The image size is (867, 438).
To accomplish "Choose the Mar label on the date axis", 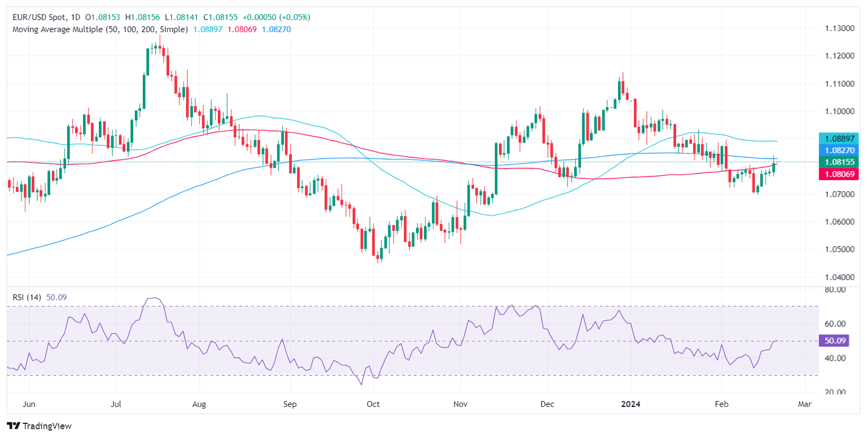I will (805, 404).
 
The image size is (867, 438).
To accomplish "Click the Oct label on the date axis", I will (373, 404).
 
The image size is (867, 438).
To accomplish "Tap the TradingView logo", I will (40, 426).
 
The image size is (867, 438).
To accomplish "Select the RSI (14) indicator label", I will (28, 297).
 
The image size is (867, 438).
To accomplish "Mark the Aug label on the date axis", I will (199, 404).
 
